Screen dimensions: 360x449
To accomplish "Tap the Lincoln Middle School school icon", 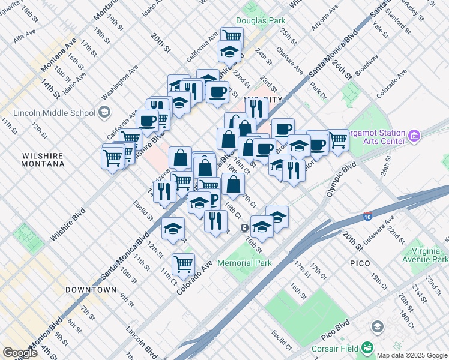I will point(104,112).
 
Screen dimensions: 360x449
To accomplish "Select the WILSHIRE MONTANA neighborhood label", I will point(43,159).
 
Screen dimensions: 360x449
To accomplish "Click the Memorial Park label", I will point(244,263).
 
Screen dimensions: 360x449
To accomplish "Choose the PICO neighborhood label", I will point(363,263).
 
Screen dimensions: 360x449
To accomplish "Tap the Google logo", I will point(20,353).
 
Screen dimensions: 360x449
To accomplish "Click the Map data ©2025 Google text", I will point(412,355).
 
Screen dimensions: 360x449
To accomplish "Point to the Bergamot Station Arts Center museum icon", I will point(414,137).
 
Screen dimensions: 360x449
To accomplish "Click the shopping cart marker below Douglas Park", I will point(231,37).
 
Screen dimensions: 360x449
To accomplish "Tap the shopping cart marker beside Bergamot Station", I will point(338,140).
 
